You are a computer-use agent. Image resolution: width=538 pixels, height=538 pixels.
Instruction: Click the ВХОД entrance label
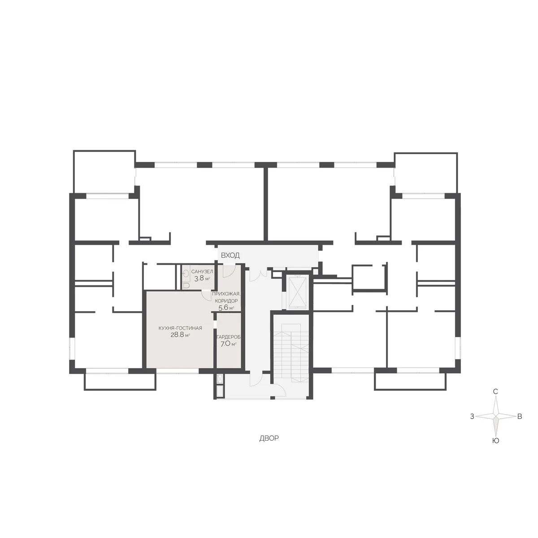[x=230, y=256]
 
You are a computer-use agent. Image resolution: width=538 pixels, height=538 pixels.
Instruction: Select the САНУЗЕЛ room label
[x=202, y=272]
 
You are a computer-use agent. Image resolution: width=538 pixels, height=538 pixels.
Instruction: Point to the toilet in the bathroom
[x=186, y=285]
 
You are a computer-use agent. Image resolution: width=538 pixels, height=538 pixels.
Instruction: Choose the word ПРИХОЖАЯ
[x=226, y=293]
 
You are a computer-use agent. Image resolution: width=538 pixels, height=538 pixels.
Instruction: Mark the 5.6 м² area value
[x=226, y=308]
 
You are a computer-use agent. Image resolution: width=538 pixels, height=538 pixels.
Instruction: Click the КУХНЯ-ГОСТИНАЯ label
[x=180, y=328]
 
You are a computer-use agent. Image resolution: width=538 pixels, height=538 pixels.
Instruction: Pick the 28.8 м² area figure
[x=180, y=335]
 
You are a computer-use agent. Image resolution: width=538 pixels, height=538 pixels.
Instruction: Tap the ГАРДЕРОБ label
[x=229, y=337]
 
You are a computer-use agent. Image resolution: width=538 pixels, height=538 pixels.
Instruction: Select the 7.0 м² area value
[x=228, y=344]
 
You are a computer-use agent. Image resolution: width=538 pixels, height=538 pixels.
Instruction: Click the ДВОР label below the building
[x=269, y=438]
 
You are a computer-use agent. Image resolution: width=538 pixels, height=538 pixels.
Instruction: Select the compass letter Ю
[x=495, y=441]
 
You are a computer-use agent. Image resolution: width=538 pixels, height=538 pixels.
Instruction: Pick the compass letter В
[x=520, y=416]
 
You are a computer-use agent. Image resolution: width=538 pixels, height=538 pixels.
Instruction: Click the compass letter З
[x=472, y=416]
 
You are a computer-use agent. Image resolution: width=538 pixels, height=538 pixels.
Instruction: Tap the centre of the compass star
[x=495, y=416]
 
